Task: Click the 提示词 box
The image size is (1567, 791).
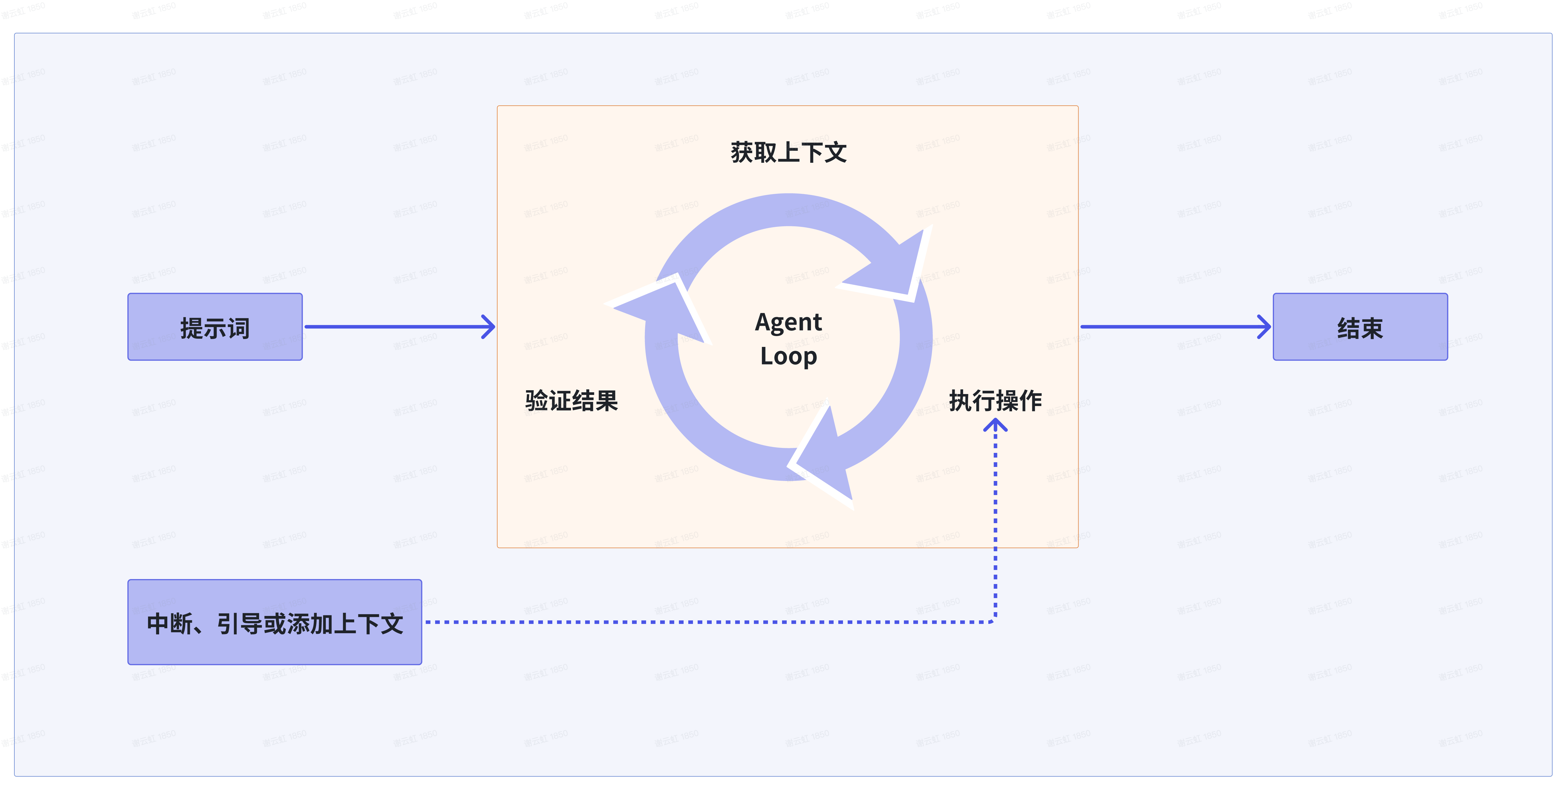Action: click(215, 327)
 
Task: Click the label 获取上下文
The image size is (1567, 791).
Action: click(788, 152)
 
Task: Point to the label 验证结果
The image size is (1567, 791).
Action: click(571, 401)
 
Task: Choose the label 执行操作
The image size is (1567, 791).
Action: click(995, 401)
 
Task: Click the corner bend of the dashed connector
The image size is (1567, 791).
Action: click(995, 621)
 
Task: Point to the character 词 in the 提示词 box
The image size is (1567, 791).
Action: click(239, 328)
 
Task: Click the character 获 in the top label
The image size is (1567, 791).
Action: click(742, 152)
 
